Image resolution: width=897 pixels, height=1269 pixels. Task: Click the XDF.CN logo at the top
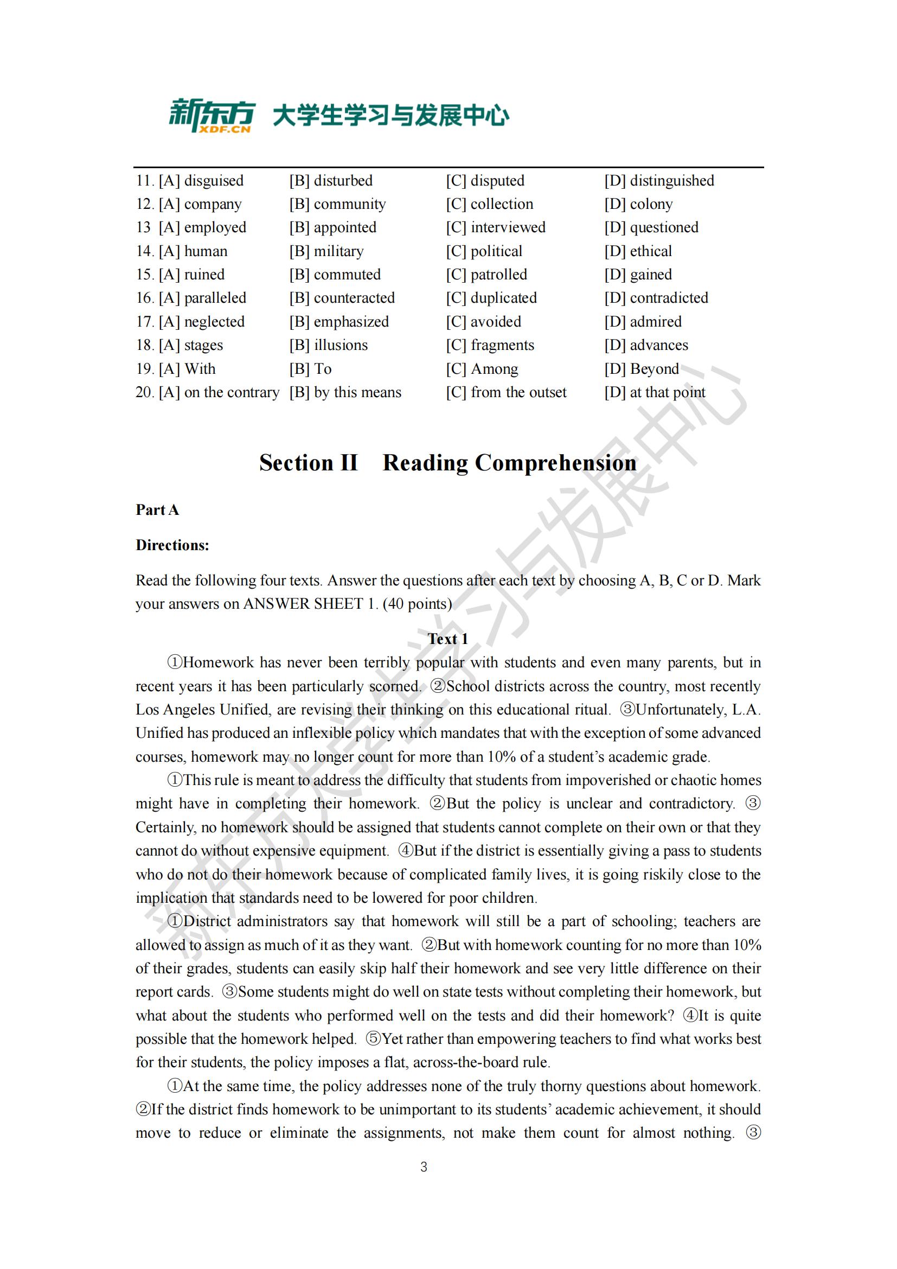pos(212,116)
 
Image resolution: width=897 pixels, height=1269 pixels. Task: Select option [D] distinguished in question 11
pos(659,181)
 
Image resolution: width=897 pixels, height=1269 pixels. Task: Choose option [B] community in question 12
pos(337,205)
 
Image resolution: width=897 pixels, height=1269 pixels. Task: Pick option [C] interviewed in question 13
pos(496,228)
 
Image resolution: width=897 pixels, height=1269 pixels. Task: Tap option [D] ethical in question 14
pos(638,252)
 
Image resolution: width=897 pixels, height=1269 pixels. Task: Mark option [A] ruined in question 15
pos(191,275)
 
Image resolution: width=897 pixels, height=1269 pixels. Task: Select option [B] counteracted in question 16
pos(342,298)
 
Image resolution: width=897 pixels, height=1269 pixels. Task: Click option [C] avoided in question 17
pos(483,322)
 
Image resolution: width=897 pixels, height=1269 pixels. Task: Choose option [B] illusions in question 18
pos(328,346)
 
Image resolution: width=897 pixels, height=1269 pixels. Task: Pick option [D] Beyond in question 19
pos(641,368)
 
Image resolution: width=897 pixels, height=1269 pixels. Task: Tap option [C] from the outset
pos(506,392)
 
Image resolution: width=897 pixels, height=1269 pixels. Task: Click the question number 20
pos(145,392)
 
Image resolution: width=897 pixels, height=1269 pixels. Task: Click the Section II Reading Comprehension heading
pos(448,463)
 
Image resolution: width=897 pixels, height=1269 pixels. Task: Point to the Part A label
pos(157,509)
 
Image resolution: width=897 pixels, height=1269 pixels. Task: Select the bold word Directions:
pos(172,545)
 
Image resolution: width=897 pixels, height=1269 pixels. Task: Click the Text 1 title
pos(448,639)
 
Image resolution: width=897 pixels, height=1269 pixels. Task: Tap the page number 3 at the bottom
pos(424,1167)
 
